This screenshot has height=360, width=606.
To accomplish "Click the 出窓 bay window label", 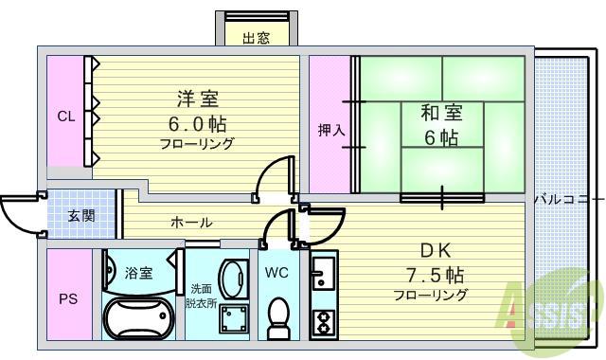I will pyautogui.click(x=256, y=38).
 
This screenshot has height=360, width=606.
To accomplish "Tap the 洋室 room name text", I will pyautogui.click(x=196, y=98).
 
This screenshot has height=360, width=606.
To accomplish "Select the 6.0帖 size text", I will pyautogui.click(x=197, y=123).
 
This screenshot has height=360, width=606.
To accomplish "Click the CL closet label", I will pyautogui.click(x=65, y=117).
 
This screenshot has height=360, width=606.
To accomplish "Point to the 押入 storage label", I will pyautogui.click(x=331, y=130).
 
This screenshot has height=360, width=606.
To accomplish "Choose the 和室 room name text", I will pyautogui.click(x=441, y=114).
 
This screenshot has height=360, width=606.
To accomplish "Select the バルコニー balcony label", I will pyautogui.click(x=568, y=200).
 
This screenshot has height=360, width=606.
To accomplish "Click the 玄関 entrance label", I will pyautogui.click(x=81, y=216).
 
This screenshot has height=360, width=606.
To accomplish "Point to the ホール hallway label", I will pyautogui.click(x=191, y=223).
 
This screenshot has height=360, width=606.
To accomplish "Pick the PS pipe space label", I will pyautogui.click(x=68, y=299).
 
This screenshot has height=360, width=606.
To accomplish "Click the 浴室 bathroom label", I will pyautogui.click(x=138, y=274).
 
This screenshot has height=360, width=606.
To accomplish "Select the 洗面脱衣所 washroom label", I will pyautogui.click(x=202, y=294).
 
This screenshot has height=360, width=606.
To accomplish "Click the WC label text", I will pyautogui.click(x=276, y=273).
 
